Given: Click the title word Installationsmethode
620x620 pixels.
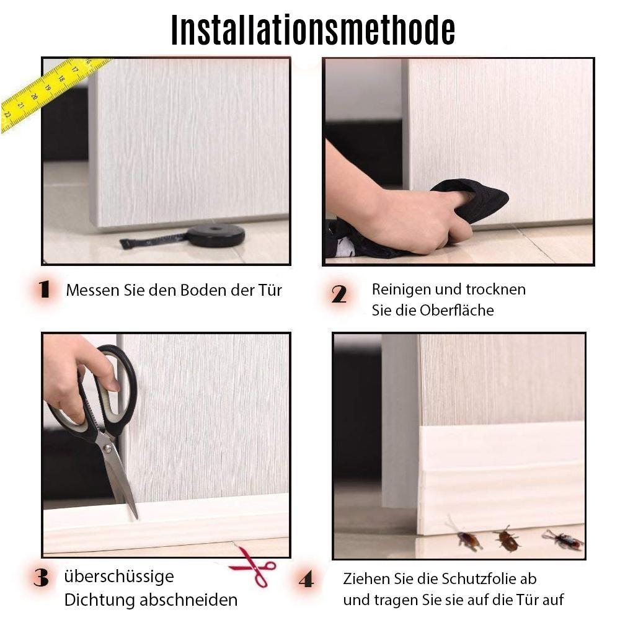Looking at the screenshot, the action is [312, 30].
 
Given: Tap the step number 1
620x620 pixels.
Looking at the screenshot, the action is [45, 289].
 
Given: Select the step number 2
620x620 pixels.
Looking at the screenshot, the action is [339, 294].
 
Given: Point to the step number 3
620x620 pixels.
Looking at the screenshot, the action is [41, 578].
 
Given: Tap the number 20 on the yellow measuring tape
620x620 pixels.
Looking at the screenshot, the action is [34, 97].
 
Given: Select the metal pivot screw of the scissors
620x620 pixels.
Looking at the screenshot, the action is [107, 448].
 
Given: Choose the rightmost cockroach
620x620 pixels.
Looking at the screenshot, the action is [564, 540].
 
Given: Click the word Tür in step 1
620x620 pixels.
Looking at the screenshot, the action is [270, 290].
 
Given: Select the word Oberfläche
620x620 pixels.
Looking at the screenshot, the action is [457, 310].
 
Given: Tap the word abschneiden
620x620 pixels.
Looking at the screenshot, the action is [188, 600].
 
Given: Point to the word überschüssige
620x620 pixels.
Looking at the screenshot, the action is [119, 577].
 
